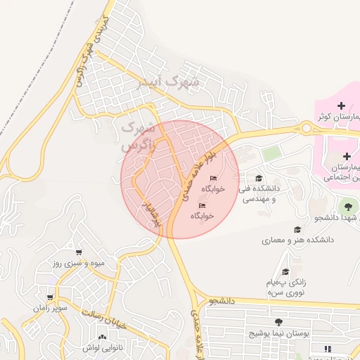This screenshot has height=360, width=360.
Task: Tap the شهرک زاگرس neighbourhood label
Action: pos(137,137)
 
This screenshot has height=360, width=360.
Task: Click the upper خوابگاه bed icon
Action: pos(214,178)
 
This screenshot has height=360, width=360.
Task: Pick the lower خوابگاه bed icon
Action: pos(202,205)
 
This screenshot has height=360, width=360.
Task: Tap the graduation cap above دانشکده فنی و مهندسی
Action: pos(259,178)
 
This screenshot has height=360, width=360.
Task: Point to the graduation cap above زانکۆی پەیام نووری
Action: pos(285,271)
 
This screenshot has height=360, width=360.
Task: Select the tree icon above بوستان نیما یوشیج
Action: pos(278,322)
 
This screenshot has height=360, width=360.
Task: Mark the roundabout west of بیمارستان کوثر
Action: pos(307,127)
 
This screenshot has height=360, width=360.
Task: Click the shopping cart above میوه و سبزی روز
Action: pos(79,252)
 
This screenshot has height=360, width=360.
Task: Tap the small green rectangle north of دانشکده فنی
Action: pos(271,153)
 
